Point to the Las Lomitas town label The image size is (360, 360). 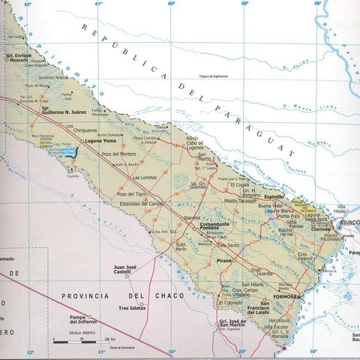coord(145,178)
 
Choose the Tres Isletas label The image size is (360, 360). coord(132,308)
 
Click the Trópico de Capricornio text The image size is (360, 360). coord(216,76)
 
